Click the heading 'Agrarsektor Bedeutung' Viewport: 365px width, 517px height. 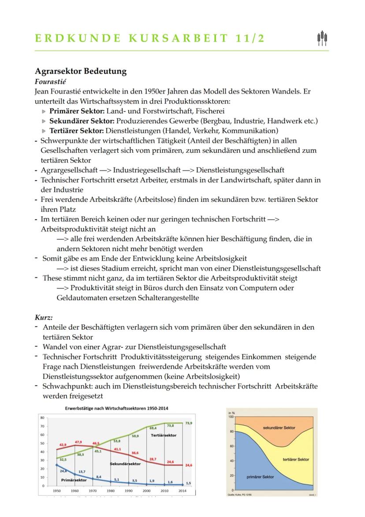[x=80, y=71]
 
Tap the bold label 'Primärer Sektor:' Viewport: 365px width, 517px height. [x=77, y=111]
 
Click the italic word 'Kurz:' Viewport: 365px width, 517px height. [x=44, y=317]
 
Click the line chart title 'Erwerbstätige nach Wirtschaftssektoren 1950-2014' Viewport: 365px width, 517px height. [x=116, y=408]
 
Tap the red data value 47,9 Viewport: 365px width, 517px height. [x=78, y=442]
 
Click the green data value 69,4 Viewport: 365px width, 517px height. [x=153, y=428]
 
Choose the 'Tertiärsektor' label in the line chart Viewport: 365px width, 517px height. [x=164, y=435]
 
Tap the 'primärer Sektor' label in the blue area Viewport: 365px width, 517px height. [x=261, y=477]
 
